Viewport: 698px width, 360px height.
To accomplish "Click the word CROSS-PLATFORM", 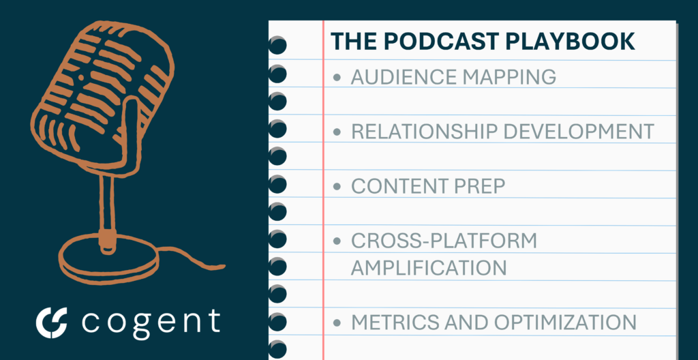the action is (x=444, y=241).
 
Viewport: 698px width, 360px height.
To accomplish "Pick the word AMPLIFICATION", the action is (x=429, y=268).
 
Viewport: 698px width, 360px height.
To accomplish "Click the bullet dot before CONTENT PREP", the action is (x=337, y=187).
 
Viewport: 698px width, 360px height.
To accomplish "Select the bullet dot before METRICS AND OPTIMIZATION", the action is (x=337, y=322).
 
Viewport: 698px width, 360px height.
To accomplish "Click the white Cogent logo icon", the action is (x=51, y=322).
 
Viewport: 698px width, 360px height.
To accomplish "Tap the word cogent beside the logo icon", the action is (x=151, y=322).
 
